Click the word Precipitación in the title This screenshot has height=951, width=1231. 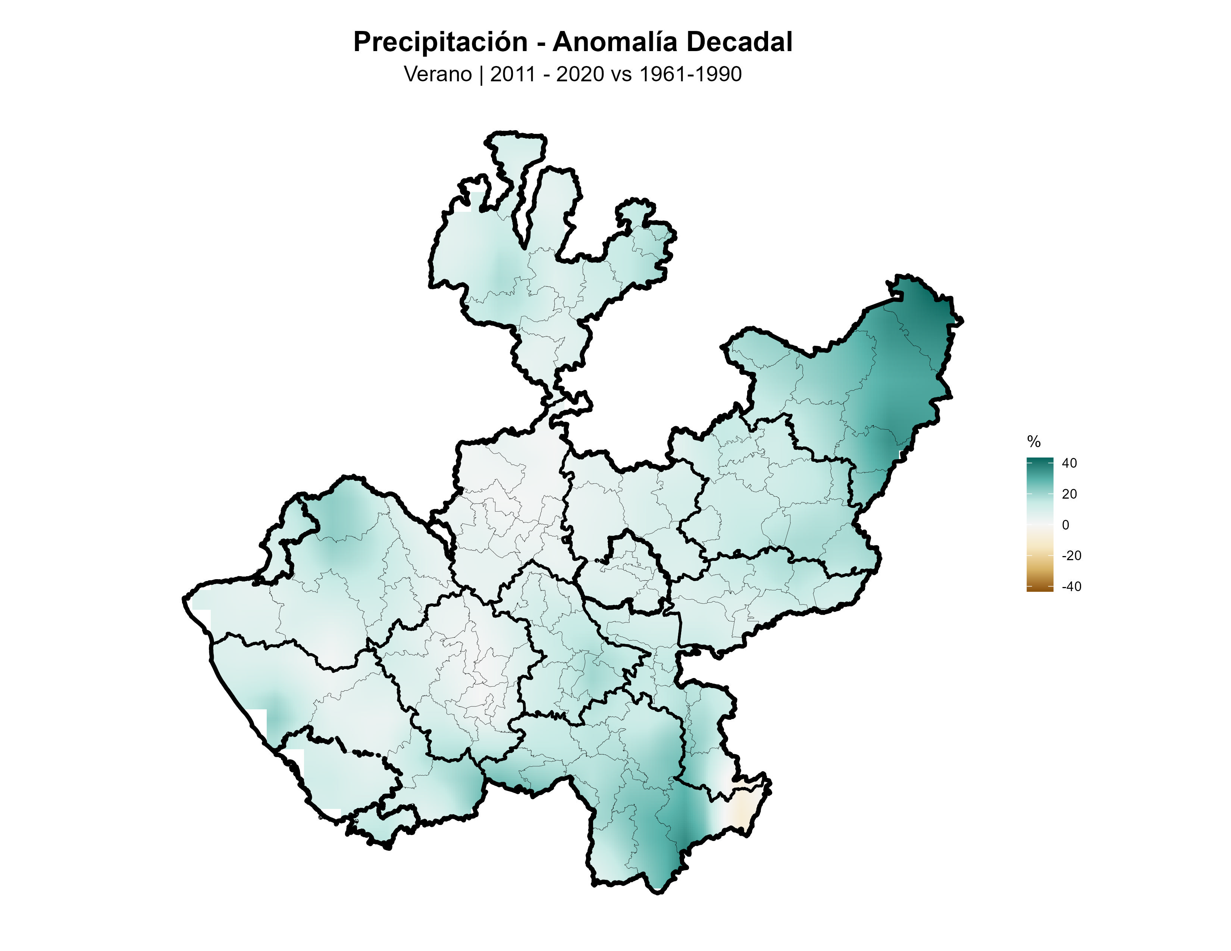[x=440, y=42]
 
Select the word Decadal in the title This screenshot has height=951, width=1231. [x=739, y=42]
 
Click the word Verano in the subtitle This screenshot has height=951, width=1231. [x=438, y=74]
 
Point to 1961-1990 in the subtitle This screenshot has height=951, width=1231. [x=690, y=74]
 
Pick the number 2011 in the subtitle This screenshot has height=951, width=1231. [x=512, y=74]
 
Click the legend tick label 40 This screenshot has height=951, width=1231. [x=1069, y=463]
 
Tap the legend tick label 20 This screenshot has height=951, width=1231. [x=1069, y=494]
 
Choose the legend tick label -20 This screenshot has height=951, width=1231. [x=1071, y=556]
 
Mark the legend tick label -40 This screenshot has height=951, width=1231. [x=1071, y=587]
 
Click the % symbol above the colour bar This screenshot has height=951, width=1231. [x=1034, y=442]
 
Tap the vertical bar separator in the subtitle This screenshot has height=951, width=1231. [x=481, y=74]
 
